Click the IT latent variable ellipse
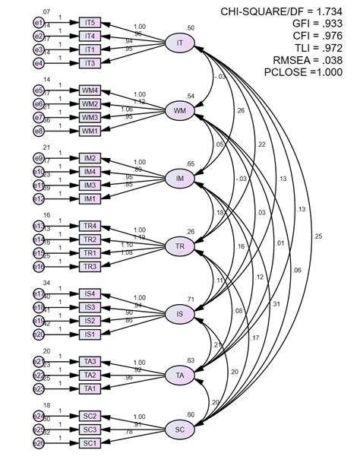(x=180, y=43)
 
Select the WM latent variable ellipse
(x=180, y=111)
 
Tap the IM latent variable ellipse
(x=180, y=179)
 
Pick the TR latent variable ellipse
(x=180, y=247)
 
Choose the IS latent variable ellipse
(x=180, y=314)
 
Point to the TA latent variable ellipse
(x=180, y=375)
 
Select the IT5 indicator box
(x=90, y=22)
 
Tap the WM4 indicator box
(x=90, y=90)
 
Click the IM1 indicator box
(x=90, y=199)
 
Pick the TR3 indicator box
(x=90, y=266)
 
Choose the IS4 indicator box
(x=90, y=293)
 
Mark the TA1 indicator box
(x=90, y=388)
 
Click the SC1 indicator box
(x=90, y=442)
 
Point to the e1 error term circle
(x=39, y=22)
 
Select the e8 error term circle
(x=39, y=131)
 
